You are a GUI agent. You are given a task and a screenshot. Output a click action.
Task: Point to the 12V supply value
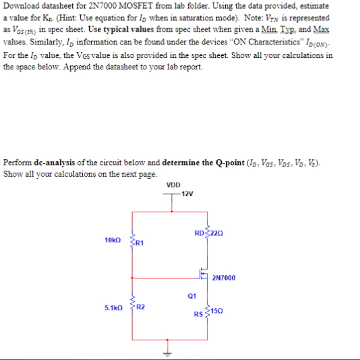pyautogui.click(x=187, y=195)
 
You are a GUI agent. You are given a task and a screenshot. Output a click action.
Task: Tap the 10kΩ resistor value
pyautogui.click(x=113, y=240)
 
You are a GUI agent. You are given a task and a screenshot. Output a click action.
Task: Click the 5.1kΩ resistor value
pyautogui.click(x=114, y=307)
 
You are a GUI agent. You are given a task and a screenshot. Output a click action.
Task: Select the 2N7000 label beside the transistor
pyautogui.click(x=224, y=277)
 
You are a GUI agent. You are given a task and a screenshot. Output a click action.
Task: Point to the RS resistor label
pyautogui.click(x=198, y=314)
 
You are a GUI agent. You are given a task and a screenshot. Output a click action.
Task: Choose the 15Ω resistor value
pyautogui.click(x=216, y=310)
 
